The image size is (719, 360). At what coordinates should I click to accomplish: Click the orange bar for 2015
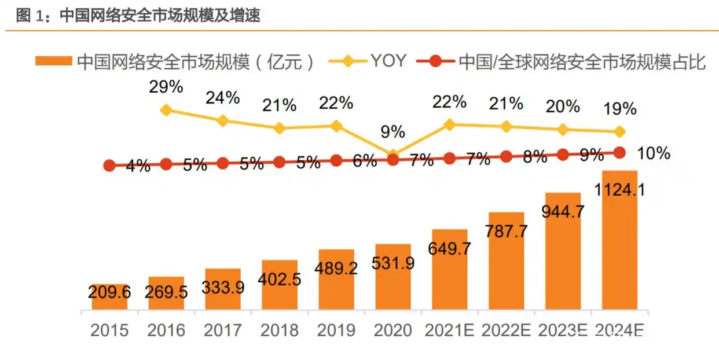[x=109, y=296]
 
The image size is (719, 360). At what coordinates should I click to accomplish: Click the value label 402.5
[x=280, y=280]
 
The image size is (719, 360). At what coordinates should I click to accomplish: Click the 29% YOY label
[x=166, y=87]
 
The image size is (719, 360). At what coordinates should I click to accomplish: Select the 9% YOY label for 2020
[x=392, y=132]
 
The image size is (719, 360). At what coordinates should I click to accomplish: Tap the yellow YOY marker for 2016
[x=166, y=110]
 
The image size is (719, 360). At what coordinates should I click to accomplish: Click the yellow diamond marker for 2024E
[x=619, y=132]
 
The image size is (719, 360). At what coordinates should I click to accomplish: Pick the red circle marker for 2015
[x=109, y=166]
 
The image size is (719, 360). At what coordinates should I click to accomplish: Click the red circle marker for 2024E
[x=619, y=152]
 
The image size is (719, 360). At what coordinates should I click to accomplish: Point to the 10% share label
[x=653, y=153]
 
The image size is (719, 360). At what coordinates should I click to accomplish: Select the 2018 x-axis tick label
[x=280, y=330]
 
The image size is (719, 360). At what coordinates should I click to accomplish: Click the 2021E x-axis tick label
[x=449, y=330]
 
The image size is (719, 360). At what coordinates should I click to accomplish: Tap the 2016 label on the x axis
[x=166, y=330]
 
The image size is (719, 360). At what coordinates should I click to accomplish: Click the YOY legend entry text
[x=388, y=61]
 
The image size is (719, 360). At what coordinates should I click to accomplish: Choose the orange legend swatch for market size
[x=54, y=61]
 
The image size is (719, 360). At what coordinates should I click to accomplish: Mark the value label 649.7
[x=449, y=249]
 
